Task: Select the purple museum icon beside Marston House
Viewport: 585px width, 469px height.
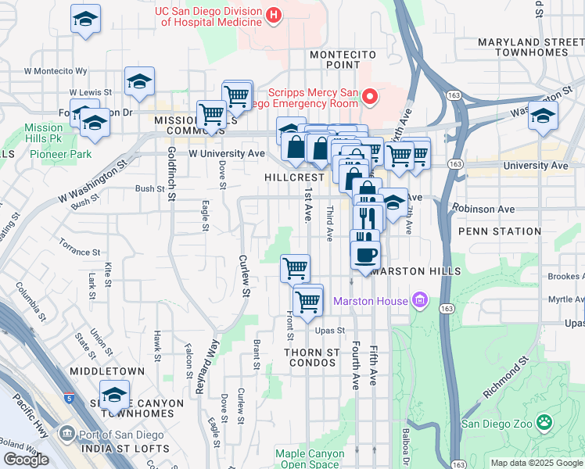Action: tap(420, 300)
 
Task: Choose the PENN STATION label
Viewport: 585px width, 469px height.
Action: tap(499, 231)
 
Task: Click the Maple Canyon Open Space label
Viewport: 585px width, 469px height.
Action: tap(310, 458)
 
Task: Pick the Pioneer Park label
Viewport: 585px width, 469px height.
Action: tap(61, 155)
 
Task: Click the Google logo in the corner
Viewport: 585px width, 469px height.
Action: tap(26, 460)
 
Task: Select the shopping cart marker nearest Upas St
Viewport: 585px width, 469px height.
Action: tap(308, 300)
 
